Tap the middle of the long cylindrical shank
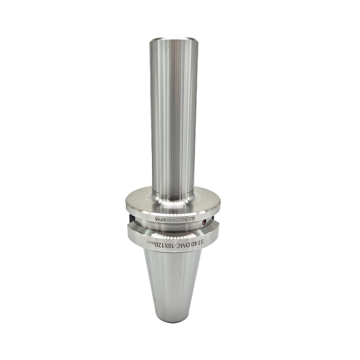coord(173,117)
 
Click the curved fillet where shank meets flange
coord(173,199)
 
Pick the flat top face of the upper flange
coord(140,200)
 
